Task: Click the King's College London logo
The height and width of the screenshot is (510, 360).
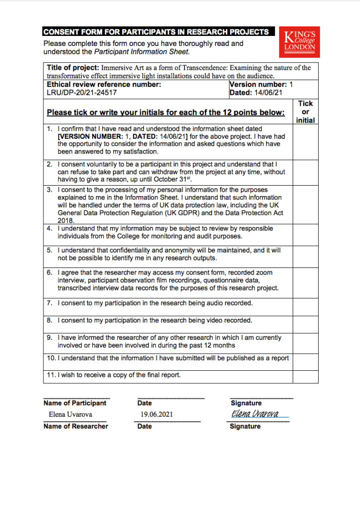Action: pos(300,42)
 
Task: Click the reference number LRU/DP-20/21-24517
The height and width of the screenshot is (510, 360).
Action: pos(82,92)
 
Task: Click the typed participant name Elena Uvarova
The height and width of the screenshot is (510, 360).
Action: pos(70,414)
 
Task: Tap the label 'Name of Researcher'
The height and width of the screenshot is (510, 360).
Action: pos(76,426)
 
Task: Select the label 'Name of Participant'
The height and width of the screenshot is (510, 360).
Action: pos(75,403)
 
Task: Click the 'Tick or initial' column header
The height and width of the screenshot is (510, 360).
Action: pos(306,112)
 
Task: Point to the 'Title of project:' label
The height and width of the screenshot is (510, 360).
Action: pos(73,68)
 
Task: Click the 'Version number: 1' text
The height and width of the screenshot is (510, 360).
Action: pos(261,84)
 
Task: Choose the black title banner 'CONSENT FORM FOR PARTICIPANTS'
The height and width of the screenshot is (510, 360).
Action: pos(156,32)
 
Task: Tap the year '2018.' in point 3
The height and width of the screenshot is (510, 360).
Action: pos(66,220)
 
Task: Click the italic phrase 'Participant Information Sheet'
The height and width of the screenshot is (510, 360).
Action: pos(141,51)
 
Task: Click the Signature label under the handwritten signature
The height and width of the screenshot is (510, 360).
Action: pos(245,426)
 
